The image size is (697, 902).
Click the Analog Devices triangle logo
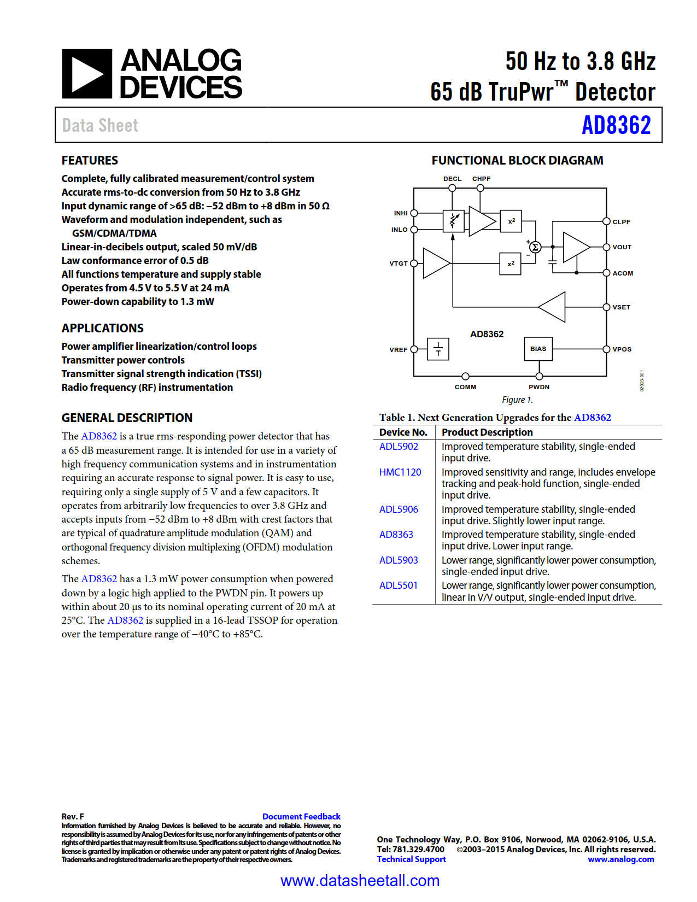coord(87,74)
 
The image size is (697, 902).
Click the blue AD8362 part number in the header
coord(616,125)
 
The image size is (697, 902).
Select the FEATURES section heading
coord(90,161)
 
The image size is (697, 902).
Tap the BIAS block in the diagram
coord(538,349)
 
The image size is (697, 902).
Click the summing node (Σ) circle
coord(535,247)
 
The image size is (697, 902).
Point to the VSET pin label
coord(622,307)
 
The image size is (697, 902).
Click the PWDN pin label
coord(539,387)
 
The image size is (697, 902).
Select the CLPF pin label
coord(622,222)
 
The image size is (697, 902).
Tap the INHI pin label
coord(401,213)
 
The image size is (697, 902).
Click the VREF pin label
coord(398,350)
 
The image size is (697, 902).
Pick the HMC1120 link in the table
coord(400,472)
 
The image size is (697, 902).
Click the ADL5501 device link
coord(399,585)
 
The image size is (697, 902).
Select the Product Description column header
coord(487,432)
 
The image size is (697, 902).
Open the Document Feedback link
coord(301,817)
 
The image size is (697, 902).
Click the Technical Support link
coord(411,859)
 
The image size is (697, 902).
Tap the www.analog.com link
coord(620,859)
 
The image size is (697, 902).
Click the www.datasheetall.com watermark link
coord(360,881)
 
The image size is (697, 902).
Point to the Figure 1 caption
coord(517,400)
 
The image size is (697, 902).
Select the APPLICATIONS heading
coord(103,329)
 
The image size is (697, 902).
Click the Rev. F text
coord(73,817)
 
